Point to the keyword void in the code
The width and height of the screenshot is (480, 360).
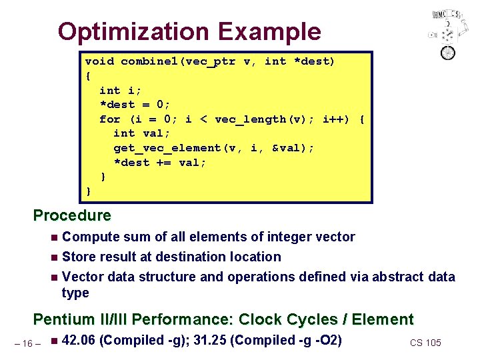99,61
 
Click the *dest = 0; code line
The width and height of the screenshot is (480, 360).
135,105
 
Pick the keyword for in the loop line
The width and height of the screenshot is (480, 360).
109,119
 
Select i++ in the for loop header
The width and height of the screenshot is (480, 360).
333,119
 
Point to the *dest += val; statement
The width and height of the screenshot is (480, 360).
160,163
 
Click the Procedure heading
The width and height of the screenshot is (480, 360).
72,215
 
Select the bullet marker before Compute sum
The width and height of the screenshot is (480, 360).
54,237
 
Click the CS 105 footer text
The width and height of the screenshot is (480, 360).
425,343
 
